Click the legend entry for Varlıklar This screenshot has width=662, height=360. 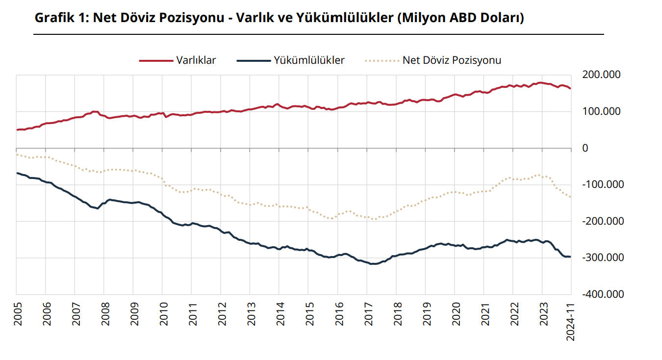196,60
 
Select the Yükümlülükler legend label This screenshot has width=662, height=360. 309,60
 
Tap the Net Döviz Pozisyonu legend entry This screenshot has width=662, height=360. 452,60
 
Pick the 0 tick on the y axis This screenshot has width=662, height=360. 585,148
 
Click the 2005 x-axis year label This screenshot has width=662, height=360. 16,313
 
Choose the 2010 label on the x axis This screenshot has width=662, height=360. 162,313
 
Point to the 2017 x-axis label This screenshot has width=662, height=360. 367,313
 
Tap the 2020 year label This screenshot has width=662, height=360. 455,313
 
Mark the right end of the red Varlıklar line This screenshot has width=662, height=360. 570,88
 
